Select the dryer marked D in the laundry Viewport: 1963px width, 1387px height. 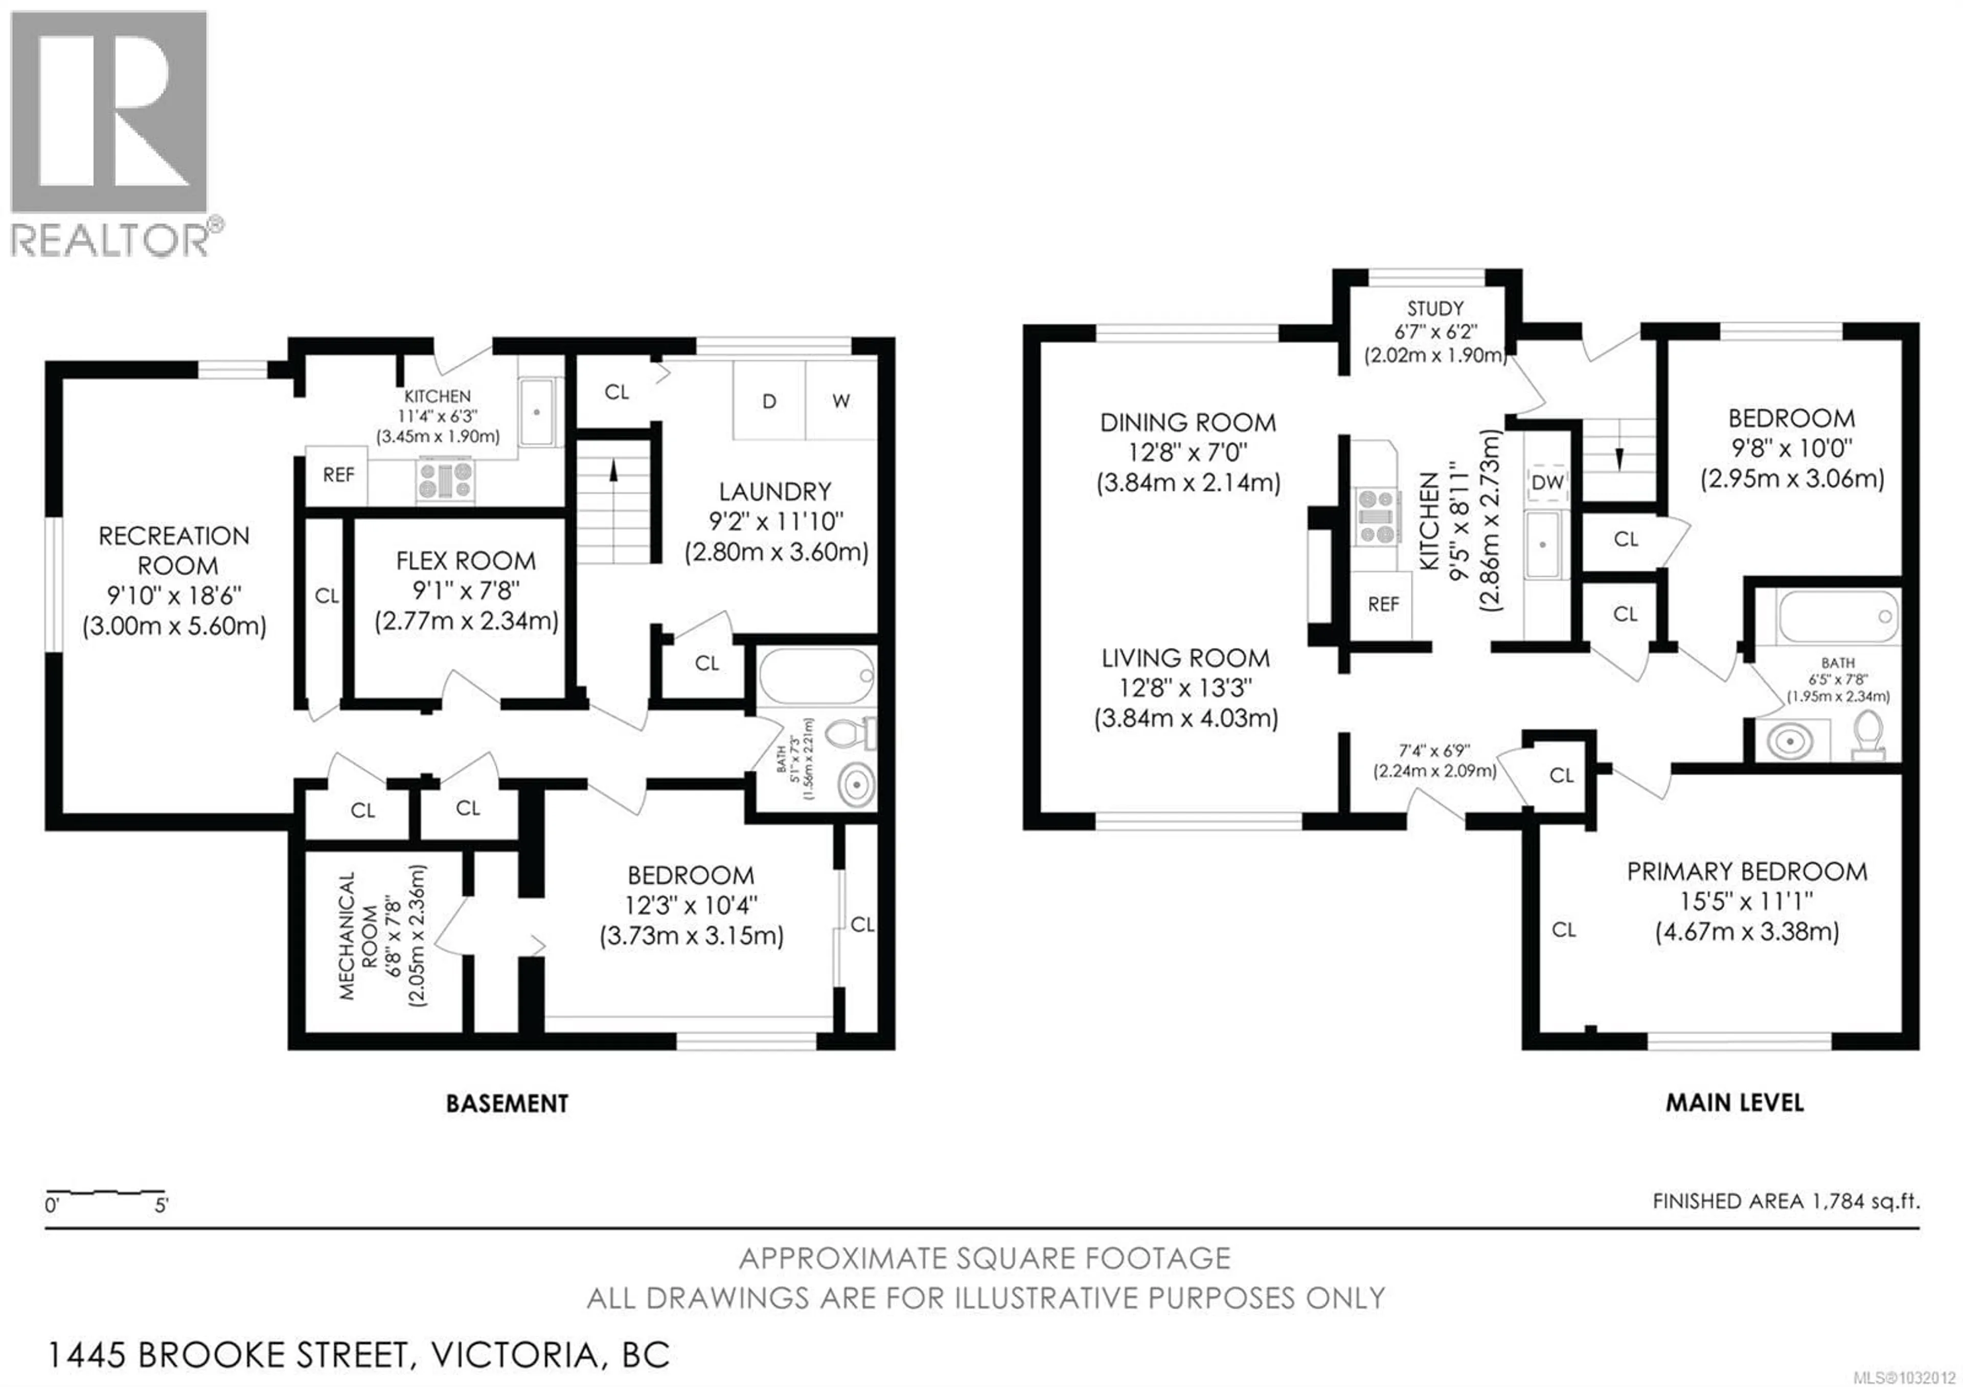point(769,401)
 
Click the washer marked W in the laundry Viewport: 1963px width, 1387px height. point(840,401)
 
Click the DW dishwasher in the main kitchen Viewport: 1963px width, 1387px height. point(1547,483)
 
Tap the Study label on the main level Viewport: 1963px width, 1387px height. point(1435,309)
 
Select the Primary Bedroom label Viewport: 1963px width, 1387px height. point(1747,872)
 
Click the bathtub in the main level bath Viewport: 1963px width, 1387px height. point(1836,617)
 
